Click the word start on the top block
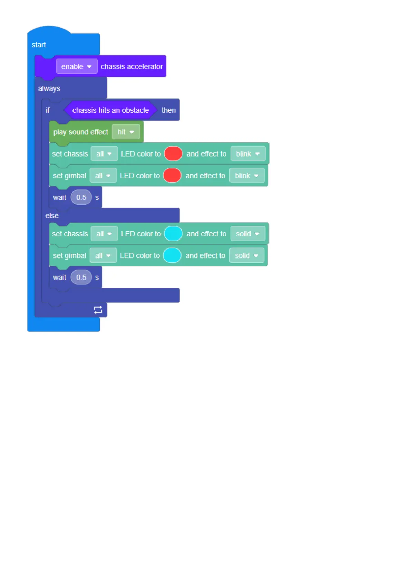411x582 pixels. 39,45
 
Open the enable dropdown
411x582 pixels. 77,67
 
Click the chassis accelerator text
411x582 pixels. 131,67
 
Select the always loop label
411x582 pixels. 49,88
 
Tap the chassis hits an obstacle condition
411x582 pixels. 110,110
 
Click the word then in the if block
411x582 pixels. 168,110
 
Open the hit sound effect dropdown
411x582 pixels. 126,132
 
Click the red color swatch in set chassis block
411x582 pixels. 173,154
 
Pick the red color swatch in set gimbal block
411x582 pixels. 172,176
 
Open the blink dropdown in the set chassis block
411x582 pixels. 248,154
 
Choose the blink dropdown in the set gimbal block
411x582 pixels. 247,176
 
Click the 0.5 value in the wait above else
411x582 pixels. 81,197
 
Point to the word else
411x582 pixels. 52,216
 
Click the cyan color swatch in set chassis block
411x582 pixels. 173,234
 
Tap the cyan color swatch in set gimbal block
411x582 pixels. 172,255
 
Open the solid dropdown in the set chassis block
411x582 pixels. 247,234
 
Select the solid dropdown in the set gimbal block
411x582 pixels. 246,255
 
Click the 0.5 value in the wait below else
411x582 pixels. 81,277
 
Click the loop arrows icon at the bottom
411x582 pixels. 98,310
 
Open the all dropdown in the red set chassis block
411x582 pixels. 104,154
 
